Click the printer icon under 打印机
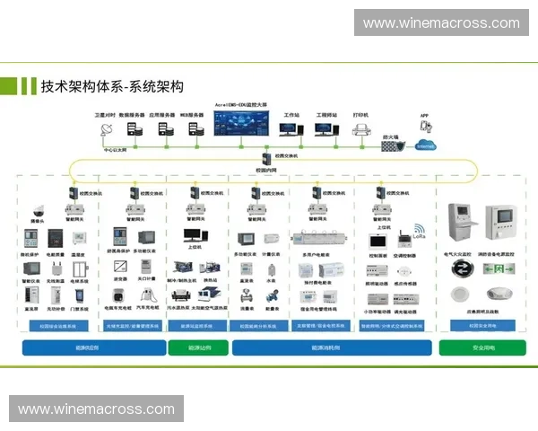[x=361, y=130]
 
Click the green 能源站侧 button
[x=198, y=347]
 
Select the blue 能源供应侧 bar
[x=92, y=347]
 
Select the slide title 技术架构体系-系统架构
[x=112, y=86]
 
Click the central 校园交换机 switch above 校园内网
[x=266, y=157]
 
